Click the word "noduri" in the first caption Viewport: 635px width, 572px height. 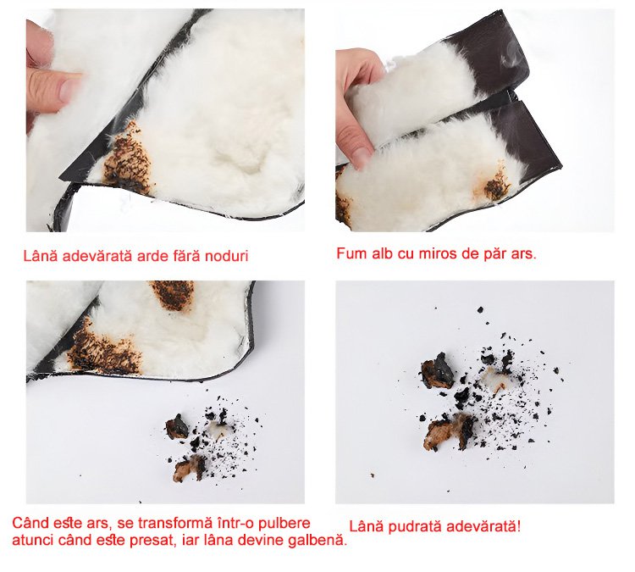pos(227,257)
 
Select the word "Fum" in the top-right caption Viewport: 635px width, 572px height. pos(350,253)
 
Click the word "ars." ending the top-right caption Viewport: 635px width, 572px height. pos(523,254)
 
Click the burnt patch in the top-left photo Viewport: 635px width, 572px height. pos(129,158)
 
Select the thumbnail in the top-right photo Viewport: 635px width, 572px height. pos(362,156)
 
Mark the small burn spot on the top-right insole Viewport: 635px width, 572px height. pos(495,186)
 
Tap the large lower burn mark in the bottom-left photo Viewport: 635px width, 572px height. pos(104,349)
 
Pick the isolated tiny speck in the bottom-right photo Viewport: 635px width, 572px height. pos(373,475)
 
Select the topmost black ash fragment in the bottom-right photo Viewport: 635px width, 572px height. pos(480,310)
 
